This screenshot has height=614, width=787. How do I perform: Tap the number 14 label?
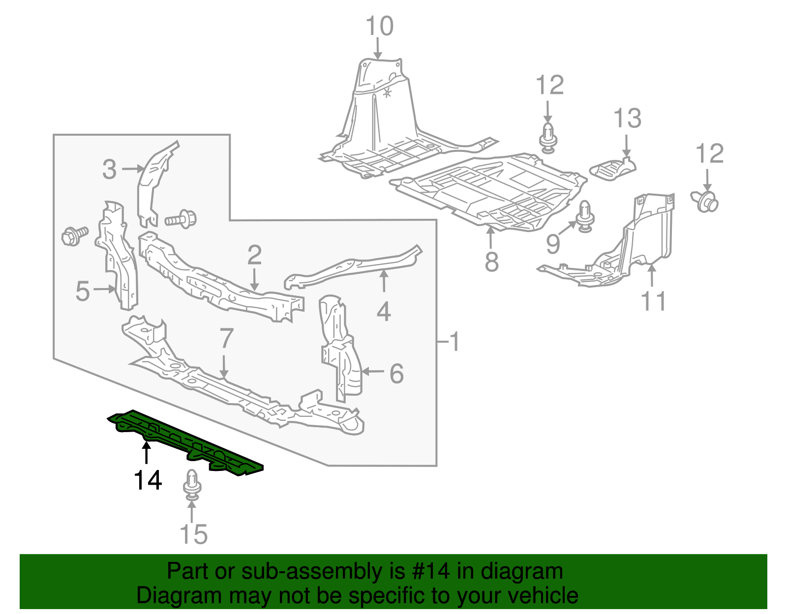(x=148, y=480)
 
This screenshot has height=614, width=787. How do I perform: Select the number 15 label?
(x=193, y=534)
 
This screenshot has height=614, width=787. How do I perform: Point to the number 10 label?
(x=379, y=27)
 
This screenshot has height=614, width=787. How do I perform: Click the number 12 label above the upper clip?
(x=549, y=86)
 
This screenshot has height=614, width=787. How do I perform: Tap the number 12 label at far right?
(x=709, y=154)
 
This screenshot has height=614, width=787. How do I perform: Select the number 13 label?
(x=627, y=118)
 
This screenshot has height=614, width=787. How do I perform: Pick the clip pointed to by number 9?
(x=585, y=216)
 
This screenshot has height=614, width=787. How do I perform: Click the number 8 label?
(x=491, y=262)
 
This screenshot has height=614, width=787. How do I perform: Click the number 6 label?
(x=396, y=374)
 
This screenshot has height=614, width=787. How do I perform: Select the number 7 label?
(x=226, y=338)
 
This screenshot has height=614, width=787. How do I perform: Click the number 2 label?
(x=254, y=256)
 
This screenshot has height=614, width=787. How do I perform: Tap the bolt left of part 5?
(x=74, y=235)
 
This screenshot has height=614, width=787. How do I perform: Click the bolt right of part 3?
(x=181, y=218)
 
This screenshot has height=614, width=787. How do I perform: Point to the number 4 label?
(x=384, y=312)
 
